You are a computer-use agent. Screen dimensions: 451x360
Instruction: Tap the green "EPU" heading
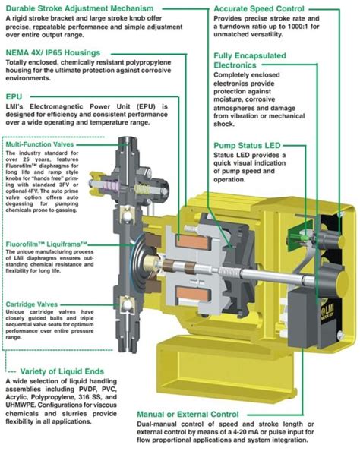(x=14, y=97)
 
